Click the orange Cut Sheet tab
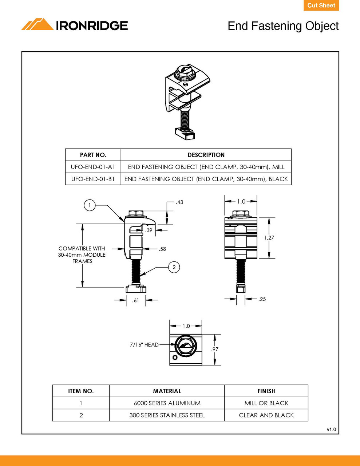click(x=321, y=5)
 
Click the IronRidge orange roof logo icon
click(x=37, y=25)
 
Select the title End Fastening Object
click(x=283, y=26)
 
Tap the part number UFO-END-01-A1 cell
click(x=93, y=167)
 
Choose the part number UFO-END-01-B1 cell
click(x=93, y=179)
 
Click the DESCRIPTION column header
click(x=206, y=155)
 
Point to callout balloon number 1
click(x=90, y=205)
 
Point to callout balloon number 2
click(x=174, y=267)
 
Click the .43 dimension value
click(x=179, y=202)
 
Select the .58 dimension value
click(x=162, y=249)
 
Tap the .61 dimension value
click(x=136, y=300)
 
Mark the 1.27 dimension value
click(x=269, y=238)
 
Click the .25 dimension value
click(x=262, y=299)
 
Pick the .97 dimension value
click(x=215, y=349)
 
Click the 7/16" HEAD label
click(x=144, y=345)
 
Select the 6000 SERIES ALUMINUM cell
click(x=167, y=403)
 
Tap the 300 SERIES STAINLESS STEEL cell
click(x=167, y=415)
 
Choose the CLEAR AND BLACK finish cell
click(x=266, y=415)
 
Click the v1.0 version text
click(x=331, y=430)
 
